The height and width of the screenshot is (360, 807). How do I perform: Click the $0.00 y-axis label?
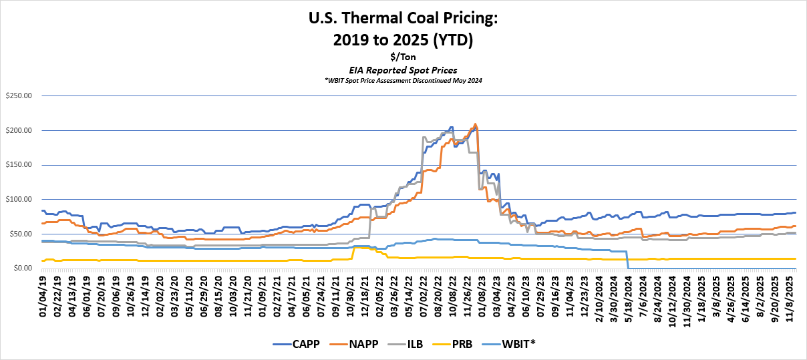point(21,268)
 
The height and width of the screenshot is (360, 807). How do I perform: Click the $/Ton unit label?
point(403,57)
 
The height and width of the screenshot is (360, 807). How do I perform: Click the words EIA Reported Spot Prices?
point(403,69)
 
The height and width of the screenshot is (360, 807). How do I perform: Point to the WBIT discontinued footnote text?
point(403,80)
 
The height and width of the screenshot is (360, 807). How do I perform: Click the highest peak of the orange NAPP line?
point(475,124)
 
